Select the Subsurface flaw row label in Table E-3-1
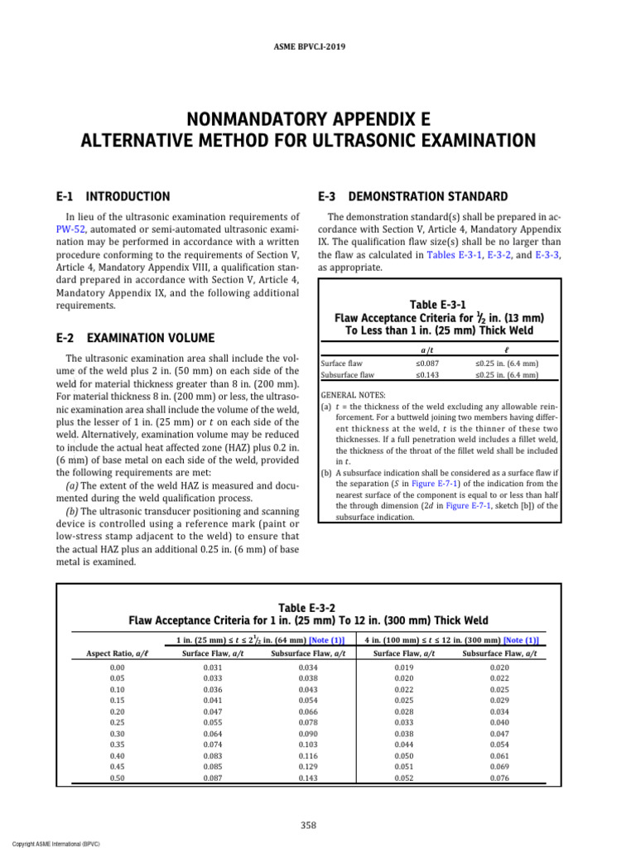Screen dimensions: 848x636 coord(347,374)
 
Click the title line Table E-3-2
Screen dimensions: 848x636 coord(308,607)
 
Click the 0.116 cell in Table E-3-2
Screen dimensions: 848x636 coord(283,757)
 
